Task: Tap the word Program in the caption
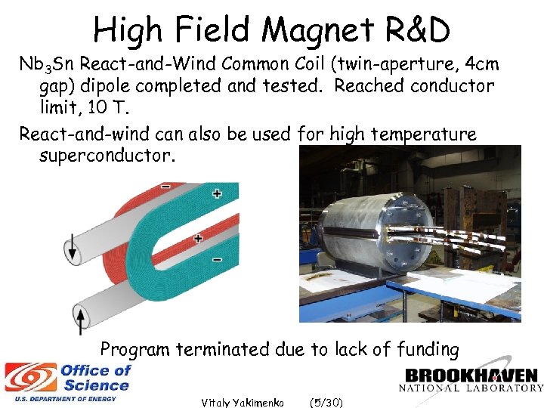tap(135, 349)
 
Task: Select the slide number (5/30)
tap(326, 402)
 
